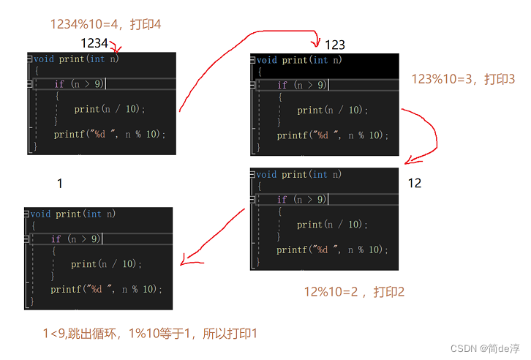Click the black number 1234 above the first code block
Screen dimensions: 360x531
(x=94, y=43)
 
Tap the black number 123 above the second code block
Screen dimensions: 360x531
(x=334, y=45)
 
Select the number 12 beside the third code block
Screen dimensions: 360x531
(x=415, y=183)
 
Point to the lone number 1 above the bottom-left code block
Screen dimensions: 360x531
(x=59, y=183)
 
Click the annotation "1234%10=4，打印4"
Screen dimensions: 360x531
(x=105, y=24)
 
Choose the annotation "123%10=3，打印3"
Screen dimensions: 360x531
(x=463, y=78)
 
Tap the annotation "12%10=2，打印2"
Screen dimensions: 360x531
(x=354, y=292)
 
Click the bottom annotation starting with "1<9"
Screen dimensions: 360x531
(x=150, y=334)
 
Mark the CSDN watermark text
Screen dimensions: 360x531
(x=483, y=348)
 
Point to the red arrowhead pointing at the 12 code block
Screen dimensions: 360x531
(x=411, y=160)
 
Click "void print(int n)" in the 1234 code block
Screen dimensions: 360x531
(x=76, y=59)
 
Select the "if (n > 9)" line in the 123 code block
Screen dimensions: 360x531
(x=302, y=86)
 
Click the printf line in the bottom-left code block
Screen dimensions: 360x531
(x=106, y=289)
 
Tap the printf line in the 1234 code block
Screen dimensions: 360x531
(x=109, y=135)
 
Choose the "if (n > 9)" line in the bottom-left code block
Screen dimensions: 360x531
(x=76, y=239)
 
